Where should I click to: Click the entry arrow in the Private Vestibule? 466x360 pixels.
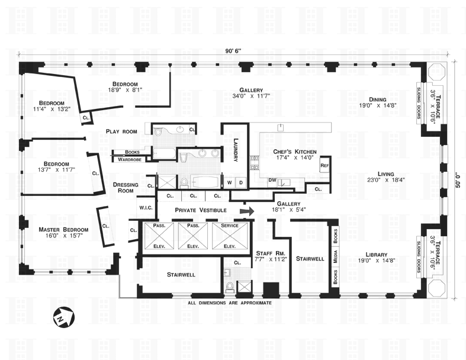247,210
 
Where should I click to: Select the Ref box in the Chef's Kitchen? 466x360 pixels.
324,166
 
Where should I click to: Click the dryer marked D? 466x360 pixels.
240,182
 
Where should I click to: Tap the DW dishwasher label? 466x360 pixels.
272,179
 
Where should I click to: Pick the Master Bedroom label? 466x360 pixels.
63,230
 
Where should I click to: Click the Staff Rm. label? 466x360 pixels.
268,252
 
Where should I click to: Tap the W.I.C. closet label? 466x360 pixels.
146,207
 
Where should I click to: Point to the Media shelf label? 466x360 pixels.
336,255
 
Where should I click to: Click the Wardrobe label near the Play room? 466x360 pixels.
129,159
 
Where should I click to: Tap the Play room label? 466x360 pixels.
121,131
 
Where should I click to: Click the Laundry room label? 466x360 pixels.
235,150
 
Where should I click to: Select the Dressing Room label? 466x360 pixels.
126,188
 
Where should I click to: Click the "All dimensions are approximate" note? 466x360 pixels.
229,303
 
